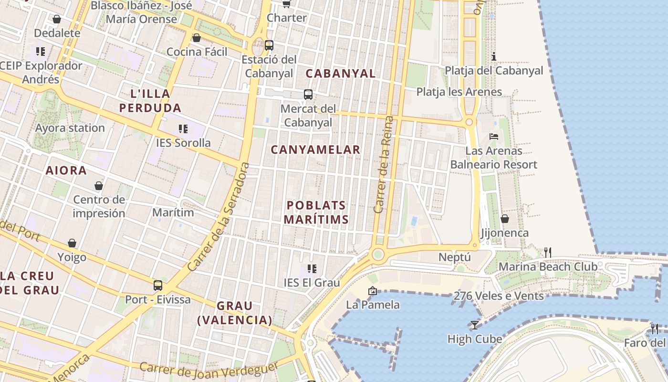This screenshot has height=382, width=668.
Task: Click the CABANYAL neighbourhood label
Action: [x=341, y=74]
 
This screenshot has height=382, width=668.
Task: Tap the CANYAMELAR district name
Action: [x=315, y=150]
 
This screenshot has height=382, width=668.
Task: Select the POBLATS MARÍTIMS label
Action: [x=316, y=212]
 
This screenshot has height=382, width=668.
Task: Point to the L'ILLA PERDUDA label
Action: [x=150, y=101]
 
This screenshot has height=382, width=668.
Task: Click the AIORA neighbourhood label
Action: [x=66, y=170]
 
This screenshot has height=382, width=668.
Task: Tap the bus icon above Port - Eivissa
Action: [x=158, y=286]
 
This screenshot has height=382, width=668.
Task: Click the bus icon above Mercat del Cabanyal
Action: [x=308, y=95]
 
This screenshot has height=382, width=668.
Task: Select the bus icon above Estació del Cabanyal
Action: [x=269, y=45]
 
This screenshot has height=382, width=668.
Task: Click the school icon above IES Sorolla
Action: [x=183, y=128]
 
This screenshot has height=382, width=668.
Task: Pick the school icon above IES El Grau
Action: [x=312, y=269]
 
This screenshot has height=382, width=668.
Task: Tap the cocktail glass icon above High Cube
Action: [x=474, y=325]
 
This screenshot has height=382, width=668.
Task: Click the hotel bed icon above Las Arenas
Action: [x=494, y=137]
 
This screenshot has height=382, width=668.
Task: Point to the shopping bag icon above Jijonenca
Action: [x=504, y=219]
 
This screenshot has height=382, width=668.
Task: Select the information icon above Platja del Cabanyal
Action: [x=494, y=57]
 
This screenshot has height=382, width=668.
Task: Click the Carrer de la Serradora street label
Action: [x=219, y=217]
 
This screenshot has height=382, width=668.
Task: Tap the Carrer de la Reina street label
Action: [x=384, y=164]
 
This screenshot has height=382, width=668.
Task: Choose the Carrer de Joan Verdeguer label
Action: [x=209, y=369]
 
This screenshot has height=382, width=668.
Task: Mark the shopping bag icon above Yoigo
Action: [x=72, y=243]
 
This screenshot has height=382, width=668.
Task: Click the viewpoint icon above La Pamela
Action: [x=373, y=290]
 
